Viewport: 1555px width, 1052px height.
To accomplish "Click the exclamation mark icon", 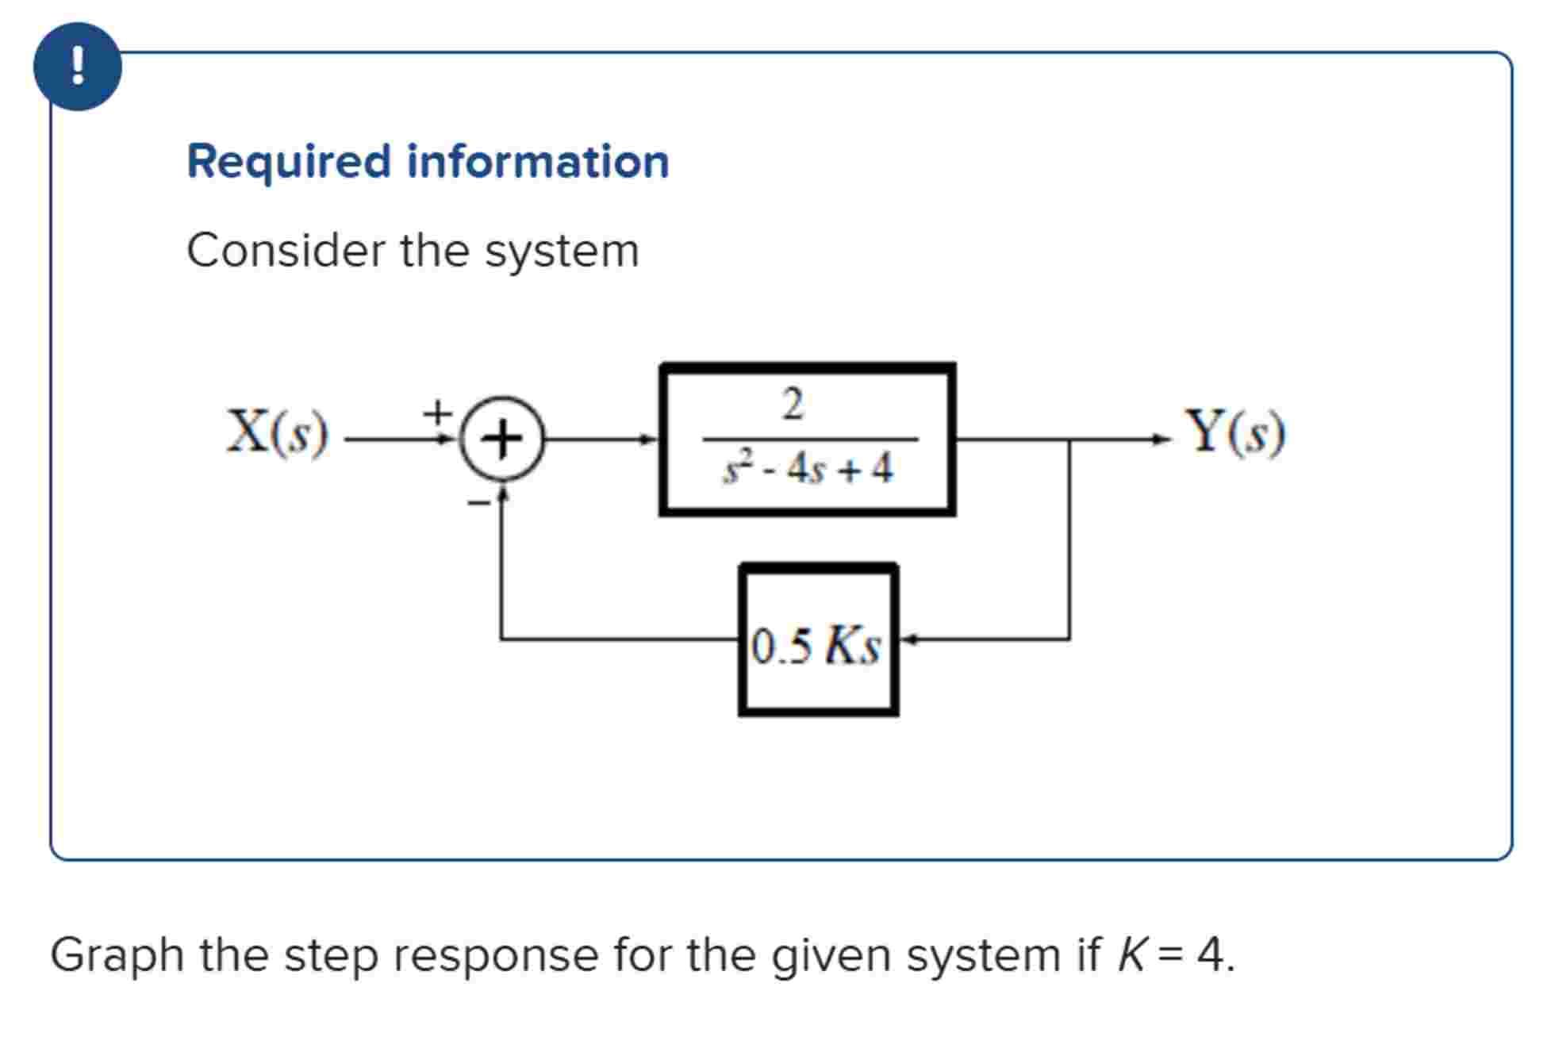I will click(x=77, y=67).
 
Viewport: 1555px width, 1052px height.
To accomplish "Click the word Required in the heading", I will click(x=289, y=162).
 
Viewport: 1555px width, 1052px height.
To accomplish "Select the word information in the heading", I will click(x=538, y=162).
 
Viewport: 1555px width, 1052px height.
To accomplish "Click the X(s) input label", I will click(x=277, y=432).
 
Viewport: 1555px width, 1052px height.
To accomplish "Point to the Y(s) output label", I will click(x=1234, y=432).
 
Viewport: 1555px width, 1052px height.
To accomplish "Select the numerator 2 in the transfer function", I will click(x=793, y=405).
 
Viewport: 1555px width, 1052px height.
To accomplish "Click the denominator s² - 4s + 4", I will click(x=808, y=468).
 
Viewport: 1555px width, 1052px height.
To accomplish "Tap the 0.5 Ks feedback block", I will click(x=818, y=641).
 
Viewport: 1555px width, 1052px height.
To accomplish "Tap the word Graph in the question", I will click(x=117, y=955).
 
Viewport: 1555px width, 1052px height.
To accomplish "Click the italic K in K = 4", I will click(x=1131, y=955).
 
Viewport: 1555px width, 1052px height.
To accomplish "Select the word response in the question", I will click(x=496, y=955).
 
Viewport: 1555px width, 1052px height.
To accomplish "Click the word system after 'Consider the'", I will click(x=562, y=251).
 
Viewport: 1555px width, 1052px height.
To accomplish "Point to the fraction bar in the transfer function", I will click(x=809, y=438).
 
